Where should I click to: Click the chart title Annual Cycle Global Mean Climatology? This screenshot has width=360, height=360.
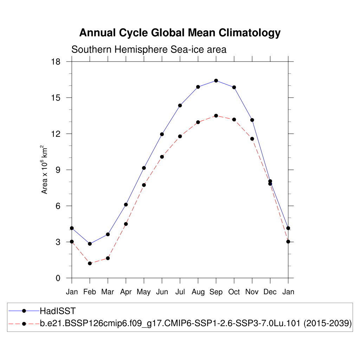(180, 33)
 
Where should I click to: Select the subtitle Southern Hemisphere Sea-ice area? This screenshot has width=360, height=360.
(149, 50)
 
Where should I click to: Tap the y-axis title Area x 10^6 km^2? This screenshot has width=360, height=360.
(45, 170)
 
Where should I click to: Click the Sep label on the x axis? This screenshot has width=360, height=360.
(216, 292)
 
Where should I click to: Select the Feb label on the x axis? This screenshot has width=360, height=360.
(90, 292)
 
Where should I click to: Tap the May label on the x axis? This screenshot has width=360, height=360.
(144, 292)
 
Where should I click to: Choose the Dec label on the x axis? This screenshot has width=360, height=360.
(270, 292)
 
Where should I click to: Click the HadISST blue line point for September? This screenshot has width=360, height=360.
(216, 81)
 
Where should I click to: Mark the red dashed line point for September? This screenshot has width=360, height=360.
(216, 116)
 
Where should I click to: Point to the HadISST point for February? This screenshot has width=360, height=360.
(90, 244)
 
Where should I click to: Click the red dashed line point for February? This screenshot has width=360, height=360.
(90, 263)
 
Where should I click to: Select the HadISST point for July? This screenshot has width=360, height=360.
(180, 105)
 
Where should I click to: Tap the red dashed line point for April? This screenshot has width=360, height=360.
(126, 224)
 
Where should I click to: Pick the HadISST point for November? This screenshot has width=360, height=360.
(252, 120)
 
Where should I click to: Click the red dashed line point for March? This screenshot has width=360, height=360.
(108, 258)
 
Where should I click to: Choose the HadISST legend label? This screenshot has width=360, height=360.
(58, 311)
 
